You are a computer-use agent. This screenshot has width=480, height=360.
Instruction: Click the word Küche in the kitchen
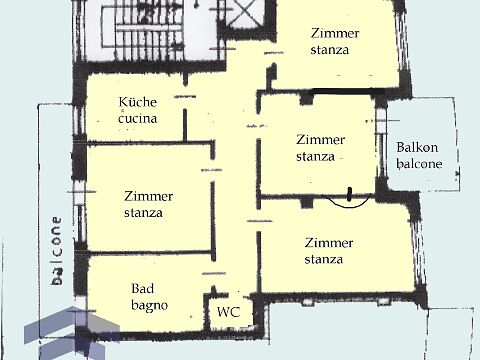point(138,102)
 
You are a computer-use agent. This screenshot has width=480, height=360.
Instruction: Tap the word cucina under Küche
point(138,119)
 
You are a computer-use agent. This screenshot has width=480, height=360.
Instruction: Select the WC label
point(229,312)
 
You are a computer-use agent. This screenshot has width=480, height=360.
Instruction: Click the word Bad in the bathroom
point(143,288)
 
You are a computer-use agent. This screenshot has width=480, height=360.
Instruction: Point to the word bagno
point(149,306)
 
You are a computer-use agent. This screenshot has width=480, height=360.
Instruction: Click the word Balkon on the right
point(417,147)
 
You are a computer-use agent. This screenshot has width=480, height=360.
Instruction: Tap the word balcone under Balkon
point(420,164)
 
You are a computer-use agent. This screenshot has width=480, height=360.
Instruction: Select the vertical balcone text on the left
point(57,251)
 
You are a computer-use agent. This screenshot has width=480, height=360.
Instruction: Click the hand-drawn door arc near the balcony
point(348,202)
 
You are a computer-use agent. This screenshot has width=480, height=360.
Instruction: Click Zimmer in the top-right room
point(335,33)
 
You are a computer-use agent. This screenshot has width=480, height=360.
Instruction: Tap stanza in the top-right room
point(330,50)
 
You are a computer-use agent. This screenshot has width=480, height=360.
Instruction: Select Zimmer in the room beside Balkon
point(320,139)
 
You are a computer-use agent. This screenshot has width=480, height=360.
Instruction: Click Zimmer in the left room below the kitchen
point(149,196)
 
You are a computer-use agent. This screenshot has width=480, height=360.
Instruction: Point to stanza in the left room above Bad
point(143,213)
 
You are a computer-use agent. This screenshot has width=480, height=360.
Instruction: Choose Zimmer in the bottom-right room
point(329,242)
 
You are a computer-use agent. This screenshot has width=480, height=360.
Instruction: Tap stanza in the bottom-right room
point(324,259)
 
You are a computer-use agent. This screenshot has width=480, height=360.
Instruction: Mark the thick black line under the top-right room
point(346,91)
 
